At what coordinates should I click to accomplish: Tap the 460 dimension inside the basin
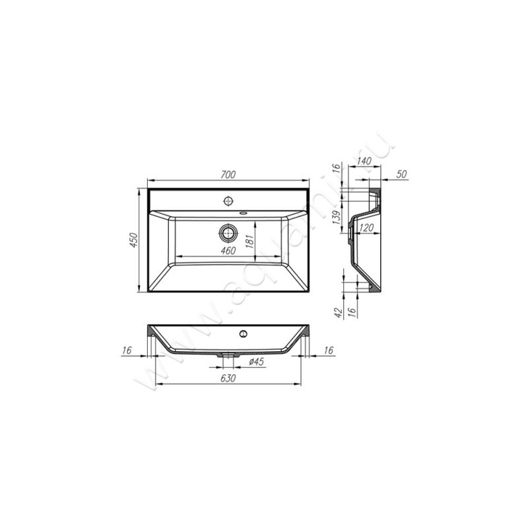pos(227,251)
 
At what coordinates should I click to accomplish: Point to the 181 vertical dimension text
pos(249,241)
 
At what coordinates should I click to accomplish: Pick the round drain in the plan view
pos(228,232)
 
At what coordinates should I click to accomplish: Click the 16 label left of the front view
pos(127,351)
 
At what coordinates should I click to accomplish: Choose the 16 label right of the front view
pos(329,351)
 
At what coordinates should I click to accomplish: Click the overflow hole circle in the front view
pos(244,334)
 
